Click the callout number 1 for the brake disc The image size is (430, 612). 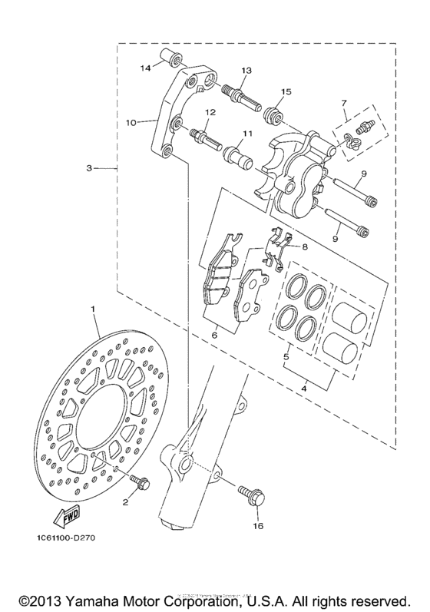[x=94, y=309]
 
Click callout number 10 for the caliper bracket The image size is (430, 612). [x=131, y=122]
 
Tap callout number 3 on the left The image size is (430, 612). [x=90, y=167]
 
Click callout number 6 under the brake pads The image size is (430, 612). [x=214, y=335]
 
